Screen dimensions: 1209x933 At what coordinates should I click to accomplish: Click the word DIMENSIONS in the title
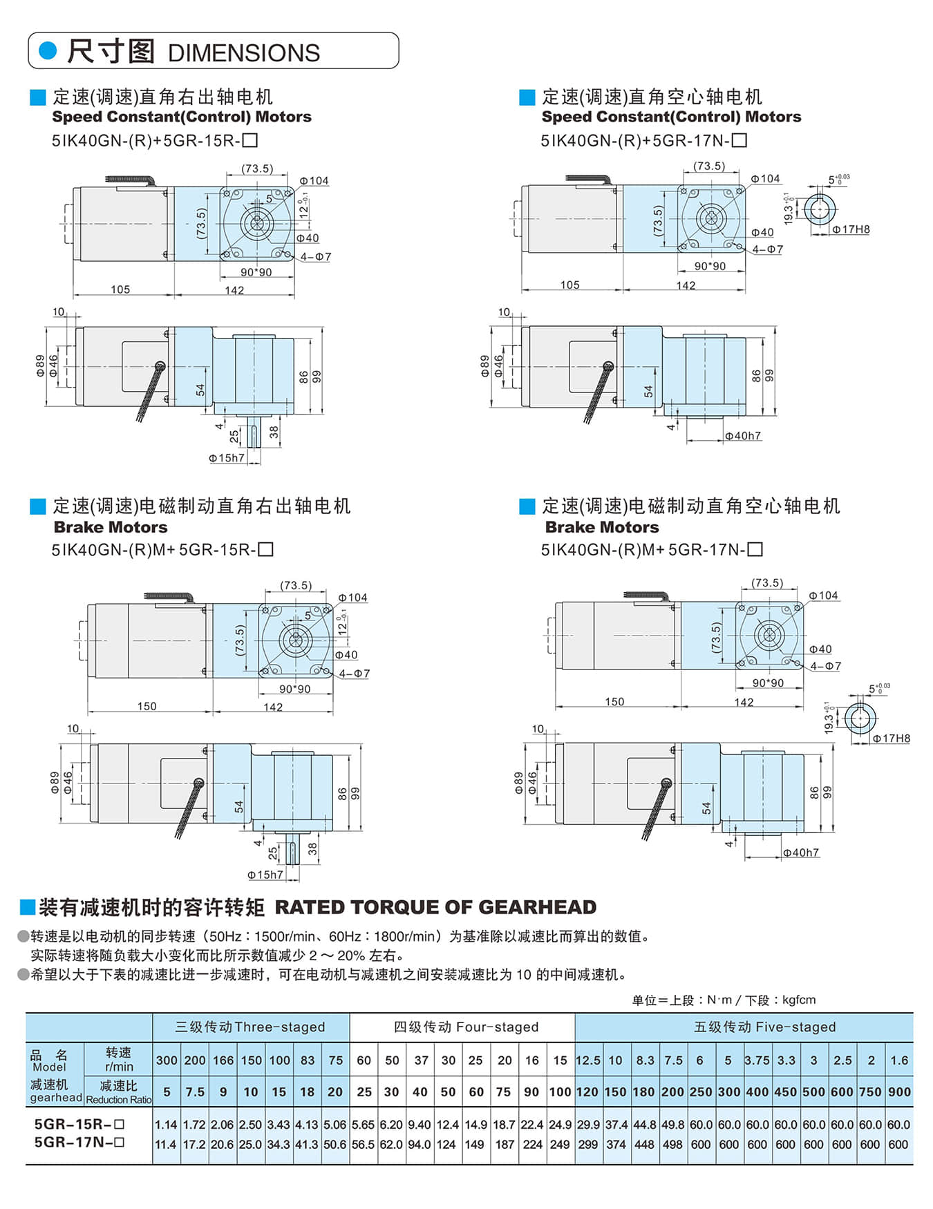click(x=243, y=53)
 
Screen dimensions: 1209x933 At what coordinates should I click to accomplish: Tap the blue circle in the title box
click(x=48, y=50)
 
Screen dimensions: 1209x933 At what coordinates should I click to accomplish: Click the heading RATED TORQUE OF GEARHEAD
click(x=435, y=907)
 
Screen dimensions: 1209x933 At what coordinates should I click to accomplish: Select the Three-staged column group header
click(x=250, y=1027)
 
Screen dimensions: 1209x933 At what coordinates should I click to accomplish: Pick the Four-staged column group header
click(x=466, y=1027)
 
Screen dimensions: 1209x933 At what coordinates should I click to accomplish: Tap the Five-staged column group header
click(x=764, y=1027)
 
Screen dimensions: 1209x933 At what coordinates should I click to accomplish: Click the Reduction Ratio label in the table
click(x=118, y=1100)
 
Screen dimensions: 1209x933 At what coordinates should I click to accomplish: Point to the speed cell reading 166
click(x=223, y=1060)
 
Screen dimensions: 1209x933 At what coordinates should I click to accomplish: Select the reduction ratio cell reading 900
click(x=899, y=1092)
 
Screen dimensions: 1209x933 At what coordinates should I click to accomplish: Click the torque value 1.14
click(x=166, y=1125)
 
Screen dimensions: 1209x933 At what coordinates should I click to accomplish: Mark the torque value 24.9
click(x=560, y=1125)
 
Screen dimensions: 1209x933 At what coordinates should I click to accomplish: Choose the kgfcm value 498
click(x=672, y=1145)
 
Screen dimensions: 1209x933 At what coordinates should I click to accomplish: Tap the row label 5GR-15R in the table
click(x=79, y=1124)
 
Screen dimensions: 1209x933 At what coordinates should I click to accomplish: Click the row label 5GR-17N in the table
click(x=79, y=1143)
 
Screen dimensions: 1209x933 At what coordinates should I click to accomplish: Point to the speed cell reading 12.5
click(x=587, y=1060)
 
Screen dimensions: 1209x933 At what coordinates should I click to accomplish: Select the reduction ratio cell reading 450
click(x=786, y=1092)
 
